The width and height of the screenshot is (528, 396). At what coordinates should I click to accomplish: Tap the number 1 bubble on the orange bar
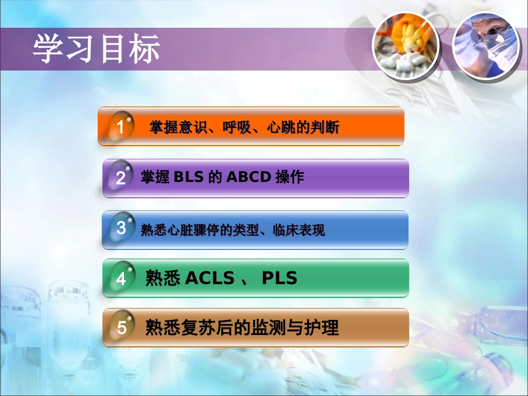[121, 127]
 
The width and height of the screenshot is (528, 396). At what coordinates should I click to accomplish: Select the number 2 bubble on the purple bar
[121, 178]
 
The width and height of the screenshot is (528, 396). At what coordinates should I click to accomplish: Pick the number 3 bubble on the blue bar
[121, 228]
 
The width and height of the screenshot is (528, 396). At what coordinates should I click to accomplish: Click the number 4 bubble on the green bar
[121, 278]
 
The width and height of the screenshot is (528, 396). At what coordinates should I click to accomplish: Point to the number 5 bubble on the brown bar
[121, 328]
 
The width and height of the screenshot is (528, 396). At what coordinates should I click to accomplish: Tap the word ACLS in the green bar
[209, 278]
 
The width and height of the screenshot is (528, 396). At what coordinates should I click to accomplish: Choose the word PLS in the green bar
[280, 278]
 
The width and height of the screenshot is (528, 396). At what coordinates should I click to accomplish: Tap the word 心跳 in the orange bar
[281, 128]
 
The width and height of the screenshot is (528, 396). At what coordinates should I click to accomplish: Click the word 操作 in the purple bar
[290, 177]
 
